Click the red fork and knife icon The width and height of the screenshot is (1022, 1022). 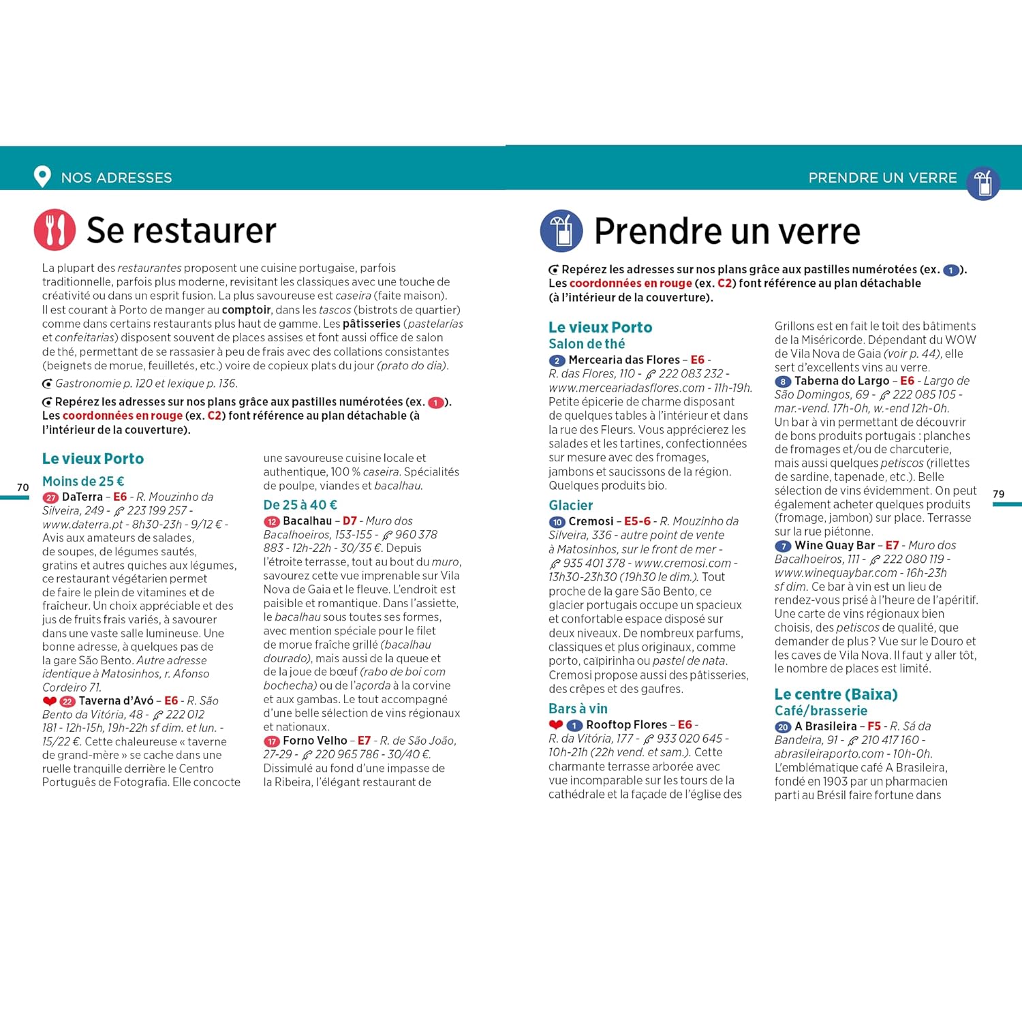click(x=55, y=230)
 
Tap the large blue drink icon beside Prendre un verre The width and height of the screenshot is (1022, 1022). click(x=561, y=231)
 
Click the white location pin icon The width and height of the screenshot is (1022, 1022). click(x=42, y=176)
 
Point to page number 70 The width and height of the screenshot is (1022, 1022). click(x=23, y=487)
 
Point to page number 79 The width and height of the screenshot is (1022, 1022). click(x=998, y=494)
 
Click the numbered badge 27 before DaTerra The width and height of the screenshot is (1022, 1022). click(x=50, y=498)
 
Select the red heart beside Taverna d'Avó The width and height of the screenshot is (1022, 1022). click(x=49, y=701)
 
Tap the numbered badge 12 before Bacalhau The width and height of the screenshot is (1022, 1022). click(x=272, y=522)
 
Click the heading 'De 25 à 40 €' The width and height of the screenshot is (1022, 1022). click(x=300, y=505)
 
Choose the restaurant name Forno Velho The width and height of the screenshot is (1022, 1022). click(x=315, y=741)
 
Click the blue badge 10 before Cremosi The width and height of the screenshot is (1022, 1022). click(x=557, y=523)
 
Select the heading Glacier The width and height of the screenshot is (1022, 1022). click(x=570, y=506)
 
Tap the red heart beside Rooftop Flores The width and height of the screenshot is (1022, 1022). click(x=556, y=725)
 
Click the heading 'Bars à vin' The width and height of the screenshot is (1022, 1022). click(x=578, y=709)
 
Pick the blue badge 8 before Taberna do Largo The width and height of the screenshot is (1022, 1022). click(x=783, y=382)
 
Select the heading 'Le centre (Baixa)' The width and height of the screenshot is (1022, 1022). click(x=835, y=694)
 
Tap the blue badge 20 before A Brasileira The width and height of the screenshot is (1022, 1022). click(x=783, y=728)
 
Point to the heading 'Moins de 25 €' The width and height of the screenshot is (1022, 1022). click(x=83, y=481)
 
